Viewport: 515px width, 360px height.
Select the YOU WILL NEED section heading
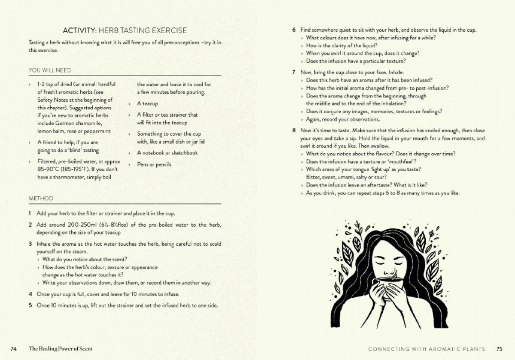point(50,70)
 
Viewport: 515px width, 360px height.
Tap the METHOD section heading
point(41,199)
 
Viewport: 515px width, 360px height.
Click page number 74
point(13,349)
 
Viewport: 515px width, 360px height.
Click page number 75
point(499,349)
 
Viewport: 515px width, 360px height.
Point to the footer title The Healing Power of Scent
point(61,349)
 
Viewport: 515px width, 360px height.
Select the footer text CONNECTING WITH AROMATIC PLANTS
point(427,349)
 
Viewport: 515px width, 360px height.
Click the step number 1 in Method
point(30,213)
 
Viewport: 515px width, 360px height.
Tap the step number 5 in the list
point(30,306)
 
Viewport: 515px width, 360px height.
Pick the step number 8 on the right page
point(294,130)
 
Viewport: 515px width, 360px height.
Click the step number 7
point(294,72)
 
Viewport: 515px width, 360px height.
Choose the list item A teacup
point(147,104)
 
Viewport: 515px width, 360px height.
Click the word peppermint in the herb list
point(98,131)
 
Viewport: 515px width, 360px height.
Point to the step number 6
point(294,30)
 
